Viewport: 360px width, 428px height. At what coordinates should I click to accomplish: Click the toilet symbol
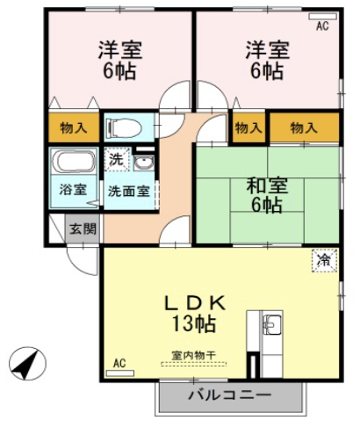point(124,127)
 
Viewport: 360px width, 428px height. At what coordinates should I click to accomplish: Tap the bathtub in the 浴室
point(74,161)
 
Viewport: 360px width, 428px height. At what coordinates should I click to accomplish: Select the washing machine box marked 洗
point(117,160)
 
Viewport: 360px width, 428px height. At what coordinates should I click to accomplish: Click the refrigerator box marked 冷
point(324,260)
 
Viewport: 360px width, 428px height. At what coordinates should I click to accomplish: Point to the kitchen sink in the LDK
point(272,324)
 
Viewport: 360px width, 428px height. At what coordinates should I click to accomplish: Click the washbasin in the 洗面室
point(144,163)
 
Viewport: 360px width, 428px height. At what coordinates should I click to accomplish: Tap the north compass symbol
point(27,364)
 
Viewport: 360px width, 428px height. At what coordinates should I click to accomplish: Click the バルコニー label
point(229,395)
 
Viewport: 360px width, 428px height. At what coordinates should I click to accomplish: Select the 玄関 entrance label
point(83,229)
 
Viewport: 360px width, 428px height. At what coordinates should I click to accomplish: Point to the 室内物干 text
point(194,356)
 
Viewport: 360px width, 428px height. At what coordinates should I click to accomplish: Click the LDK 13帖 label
point(194,314)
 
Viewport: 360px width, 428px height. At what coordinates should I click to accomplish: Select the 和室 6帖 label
point(267,195)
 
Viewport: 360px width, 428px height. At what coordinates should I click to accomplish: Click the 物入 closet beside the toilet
point(74,127)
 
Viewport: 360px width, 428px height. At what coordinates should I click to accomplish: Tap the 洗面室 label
point(129,192)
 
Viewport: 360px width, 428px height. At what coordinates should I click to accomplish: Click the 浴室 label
point(73,190)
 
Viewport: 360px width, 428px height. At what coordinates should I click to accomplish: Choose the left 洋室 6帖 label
point(119,60)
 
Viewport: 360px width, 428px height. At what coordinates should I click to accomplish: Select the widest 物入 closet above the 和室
point(304,127)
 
